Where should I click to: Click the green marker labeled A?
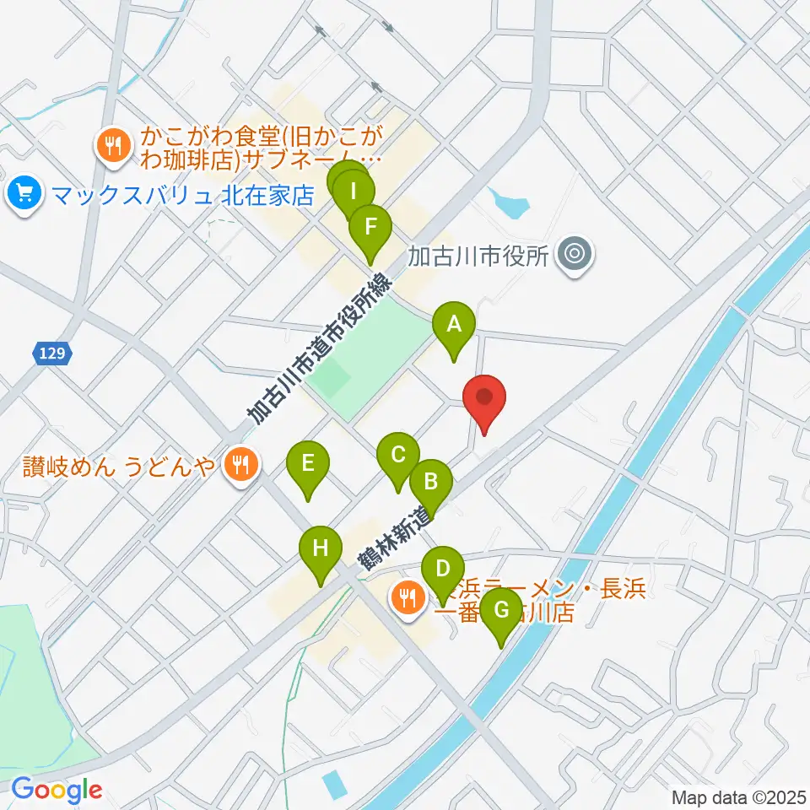pyautogui.click(x=454, y=325)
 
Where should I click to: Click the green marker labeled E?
pyautogui.click(x=307, y=465)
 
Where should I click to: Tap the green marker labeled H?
pyautogui.click(x=321, y=550)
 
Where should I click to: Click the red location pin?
pyautogui.click(x=484, y=399)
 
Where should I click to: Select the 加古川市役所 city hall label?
pyautogui.click(x=478, y=254)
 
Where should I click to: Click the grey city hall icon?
pyautogui.click(x=575, y=252)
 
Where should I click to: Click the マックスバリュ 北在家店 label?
pyautogui.click(x=182, y=196)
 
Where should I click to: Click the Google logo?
pyautogui.click(x=57, y=790)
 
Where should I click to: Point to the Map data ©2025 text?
pyautogui.click(x=737, y=796)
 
